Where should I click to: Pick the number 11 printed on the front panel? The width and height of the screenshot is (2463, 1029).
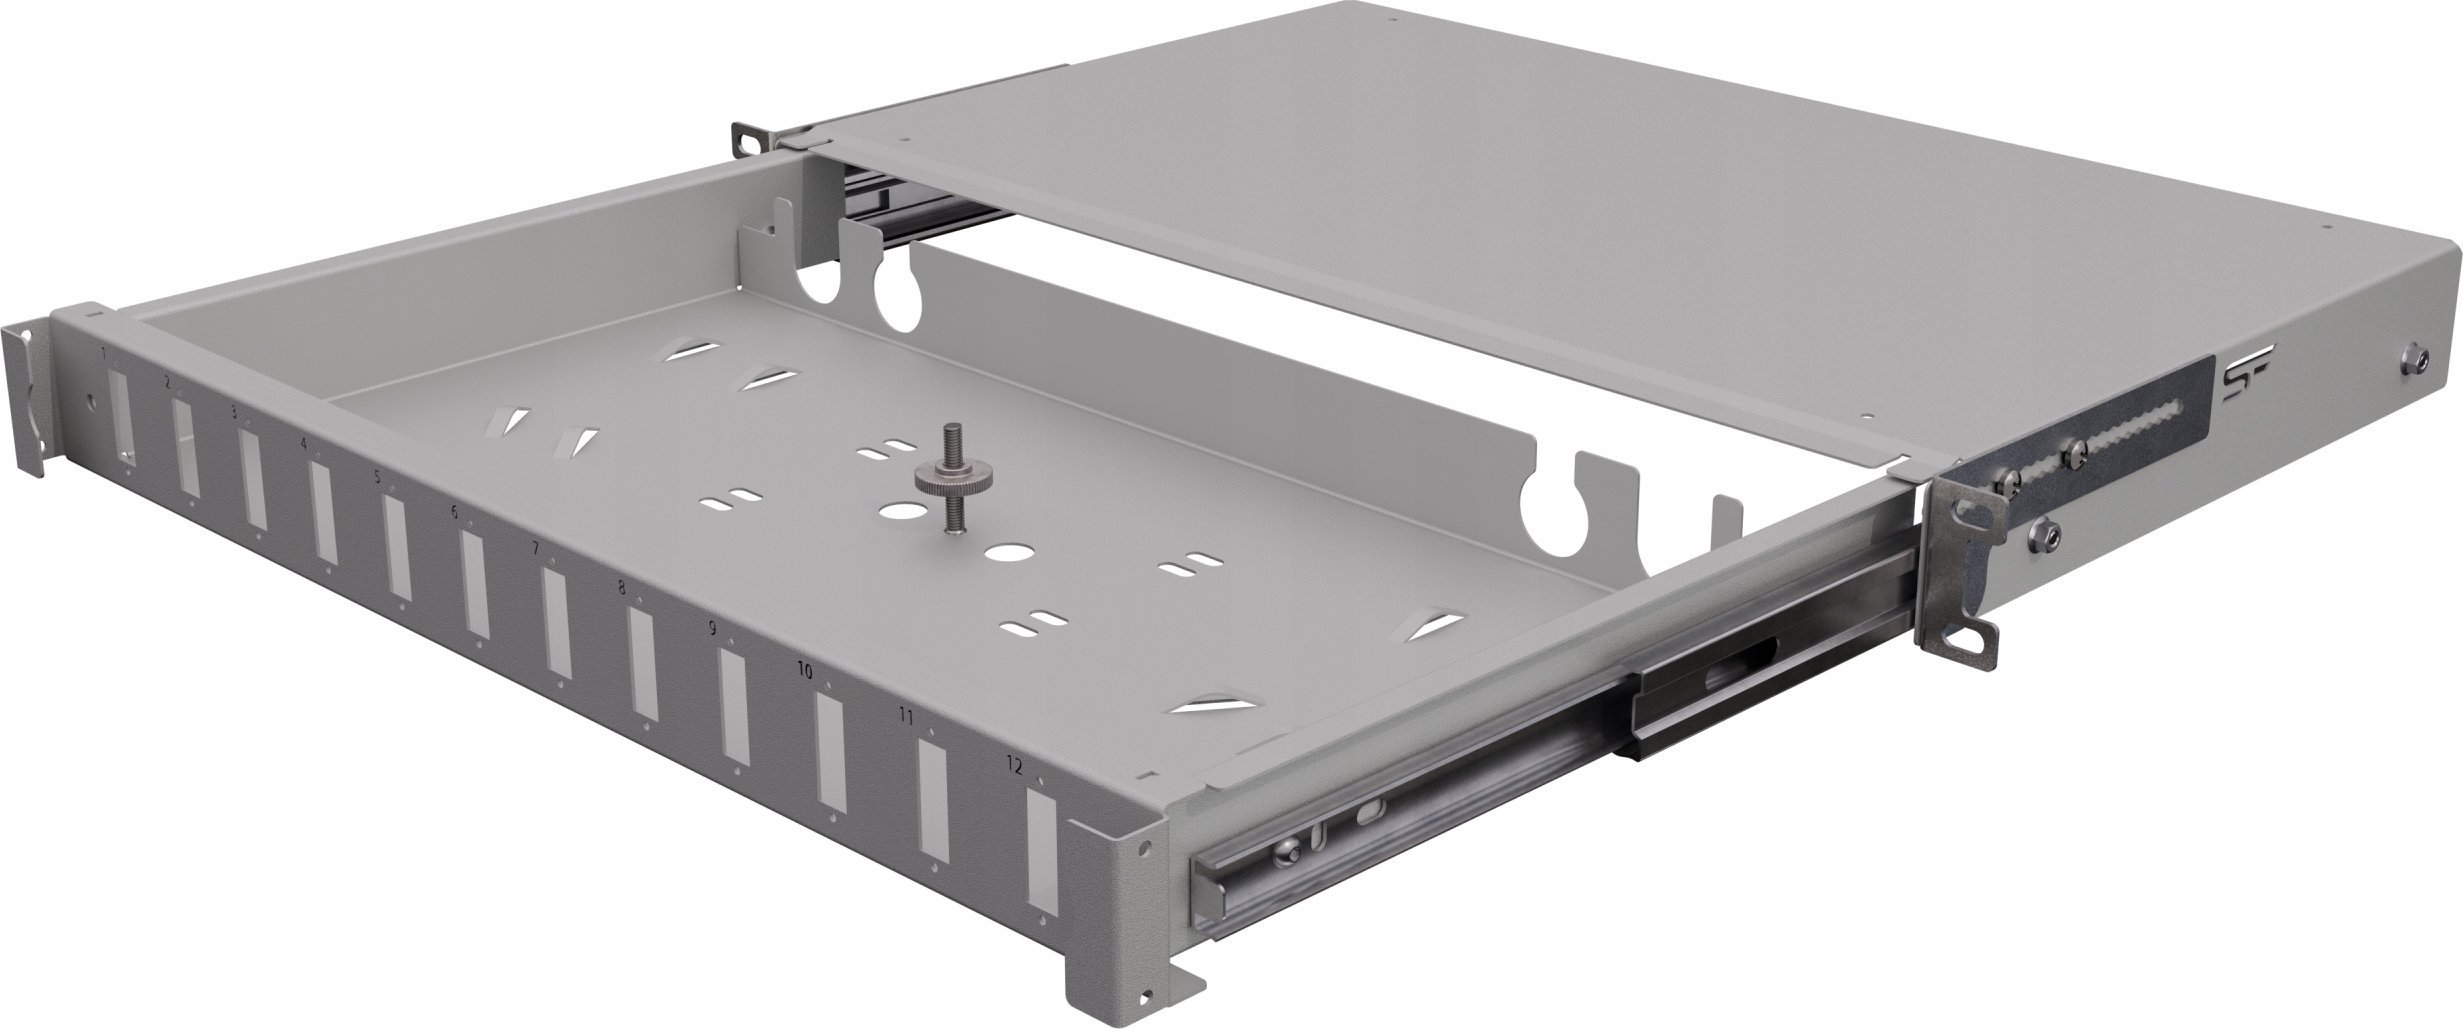[x=906, y=716]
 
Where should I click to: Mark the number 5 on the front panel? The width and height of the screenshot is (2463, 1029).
[x=377, y=477]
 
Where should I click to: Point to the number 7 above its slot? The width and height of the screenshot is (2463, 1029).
[x=535, y=548]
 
